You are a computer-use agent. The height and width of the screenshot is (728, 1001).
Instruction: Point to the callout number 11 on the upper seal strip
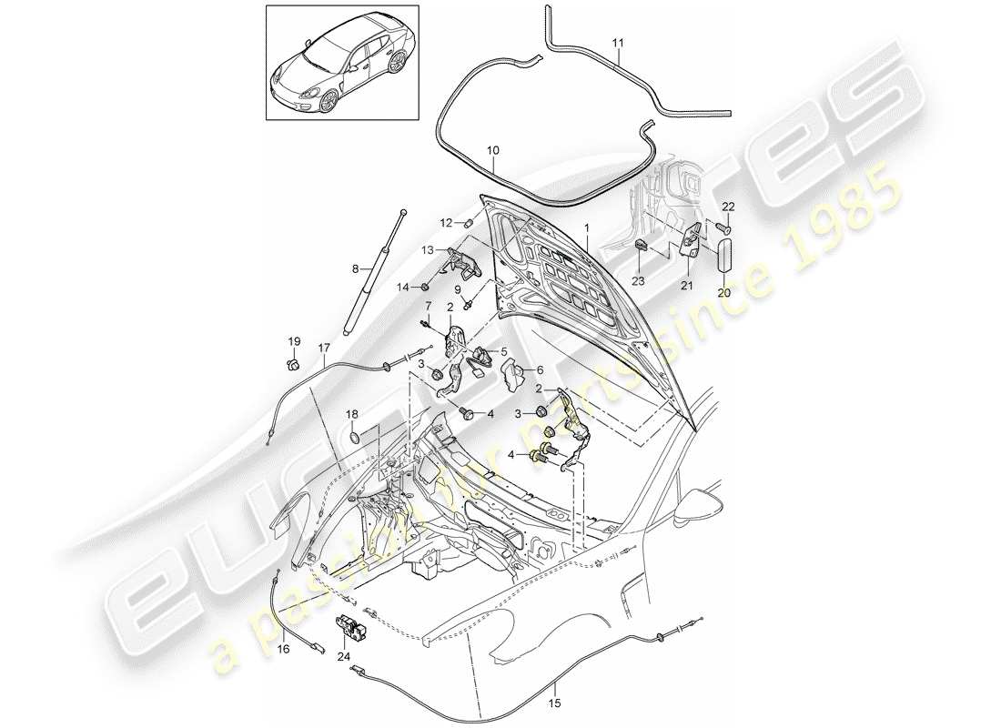618,43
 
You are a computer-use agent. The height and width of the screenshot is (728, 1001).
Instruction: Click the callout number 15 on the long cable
554,702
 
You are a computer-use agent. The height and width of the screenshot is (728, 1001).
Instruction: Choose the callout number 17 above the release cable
324,347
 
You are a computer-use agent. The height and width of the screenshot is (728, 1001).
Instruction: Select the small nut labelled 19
294,366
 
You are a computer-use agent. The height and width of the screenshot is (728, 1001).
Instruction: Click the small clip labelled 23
641,244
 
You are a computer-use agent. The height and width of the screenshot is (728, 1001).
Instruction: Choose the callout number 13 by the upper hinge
428,249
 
